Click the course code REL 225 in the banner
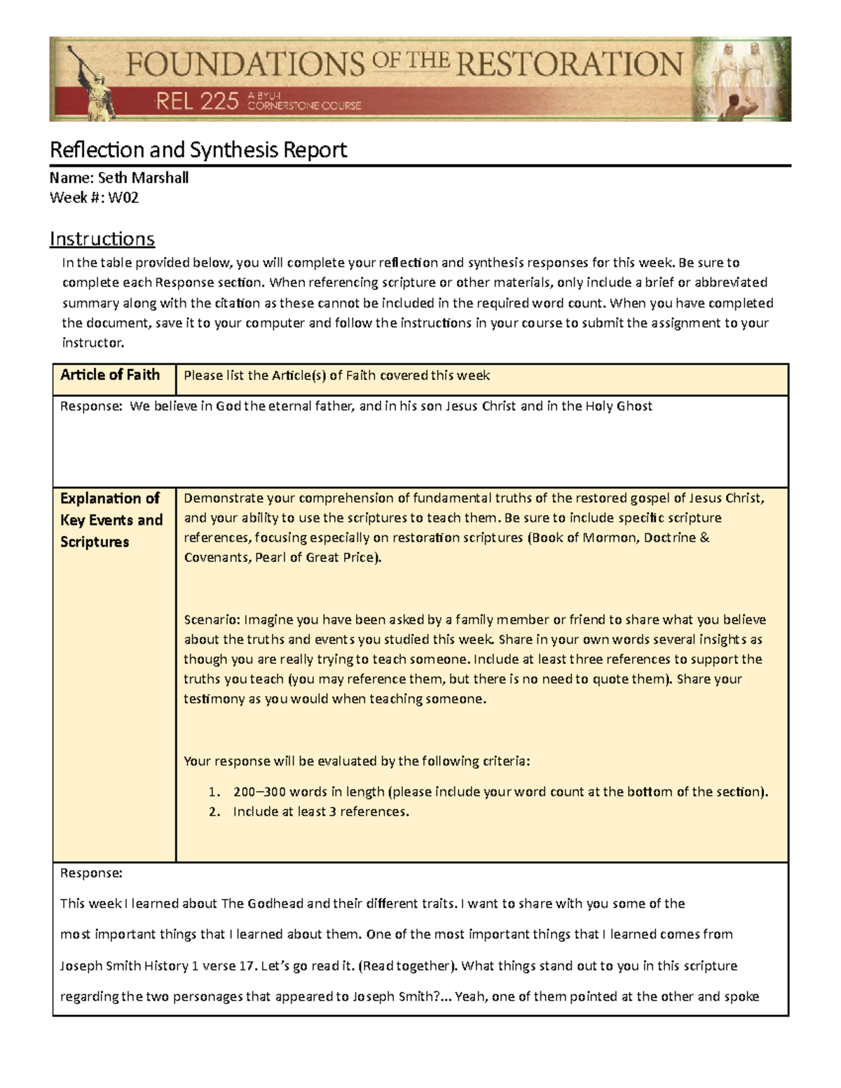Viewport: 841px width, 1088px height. (x=197, y=102)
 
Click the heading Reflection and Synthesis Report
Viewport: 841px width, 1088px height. (x=198, y=150)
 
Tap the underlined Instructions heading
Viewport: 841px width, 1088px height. (x=102, y=239)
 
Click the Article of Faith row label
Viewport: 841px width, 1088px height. (x=110, y=375)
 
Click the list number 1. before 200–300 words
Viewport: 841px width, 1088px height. (x=214, y=792)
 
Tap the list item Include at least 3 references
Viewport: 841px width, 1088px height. (x=320, y=811)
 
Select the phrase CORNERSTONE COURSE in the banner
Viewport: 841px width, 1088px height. (x=304, y=106)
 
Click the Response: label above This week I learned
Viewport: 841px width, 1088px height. (x=91, y=873)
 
